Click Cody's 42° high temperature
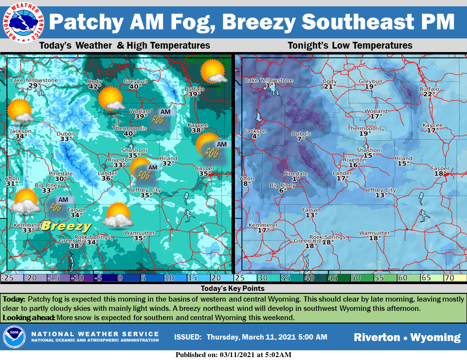click(94, 87)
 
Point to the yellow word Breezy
click(66, 226)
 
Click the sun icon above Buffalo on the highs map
click(213, 72)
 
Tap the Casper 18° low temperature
click(440, 174)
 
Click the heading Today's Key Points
click(233, 288)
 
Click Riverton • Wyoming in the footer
click(407, 337)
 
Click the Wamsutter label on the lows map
click(374, 233)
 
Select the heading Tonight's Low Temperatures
click(350, 46)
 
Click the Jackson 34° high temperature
click(20, 137)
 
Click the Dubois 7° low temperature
click(301, 139)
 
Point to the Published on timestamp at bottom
click(233, 355)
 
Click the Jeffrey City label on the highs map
click(145, 190)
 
